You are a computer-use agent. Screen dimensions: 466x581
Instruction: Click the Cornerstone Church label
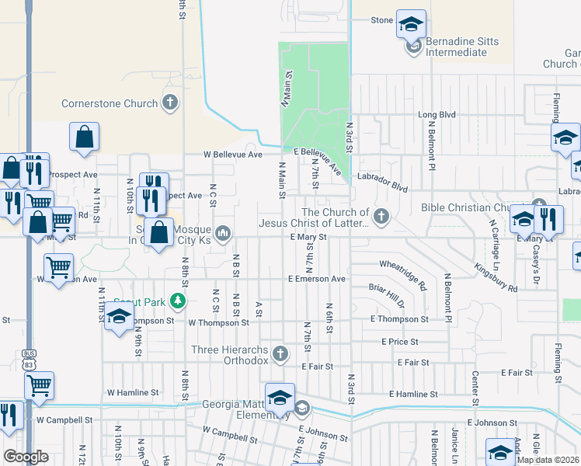click(x=110, y=103)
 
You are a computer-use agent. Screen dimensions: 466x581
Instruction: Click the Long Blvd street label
click(x=437, y=115)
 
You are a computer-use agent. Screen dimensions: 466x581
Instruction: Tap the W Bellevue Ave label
click(x=233, y=155)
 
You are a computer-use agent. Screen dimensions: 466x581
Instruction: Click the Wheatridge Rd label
click(x=403, y=275)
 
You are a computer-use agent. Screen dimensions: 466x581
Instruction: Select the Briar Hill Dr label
click(x=387, y=296)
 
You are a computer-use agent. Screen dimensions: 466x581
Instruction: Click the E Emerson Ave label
click(x=316, y=278)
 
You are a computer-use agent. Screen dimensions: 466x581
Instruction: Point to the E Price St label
click(x=399, y=342)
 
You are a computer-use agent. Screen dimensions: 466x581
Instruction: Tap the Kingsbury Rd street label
click(x=495, y=277)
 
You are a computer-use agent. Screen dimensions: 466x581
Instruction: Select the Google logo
click(x=26, y=457)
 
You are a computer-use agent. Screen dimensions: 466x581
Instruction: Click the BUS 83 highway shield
click(x=29, y=359)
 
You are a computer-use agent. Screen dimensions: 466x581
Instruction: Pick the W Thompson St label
click(x=218, y=322)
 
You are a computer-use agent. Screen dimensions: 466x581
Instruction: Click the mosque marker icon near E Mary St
click(x=223, y=232)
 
